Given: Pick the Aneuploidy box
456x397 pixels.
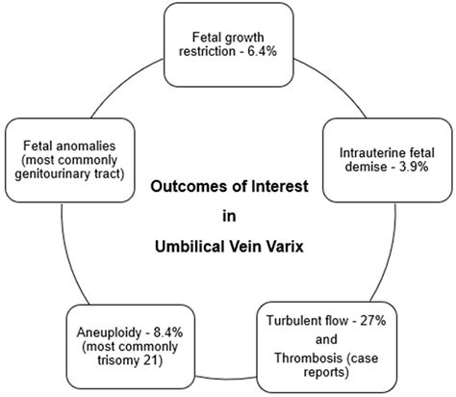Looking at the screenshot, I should [x=113, y=340].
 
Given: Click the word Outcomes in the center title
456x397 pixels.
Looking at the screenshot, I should [x=181, y=187].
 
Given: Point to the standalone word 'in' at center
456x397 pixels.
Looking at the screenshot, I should [x=229, y=216].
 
